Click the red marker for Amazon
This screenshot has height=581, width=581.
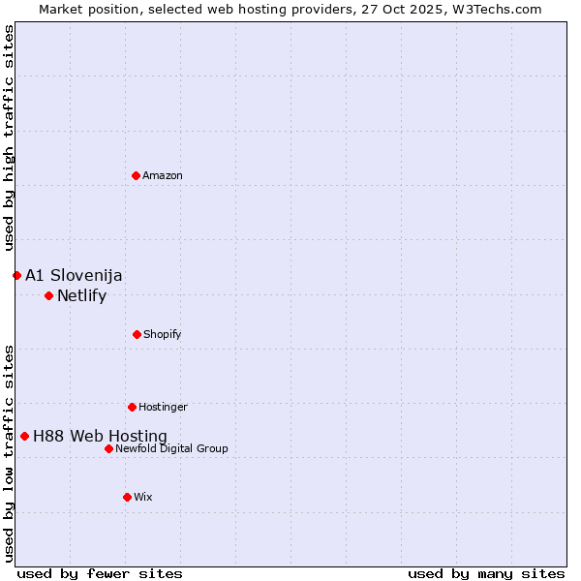coord(136,175)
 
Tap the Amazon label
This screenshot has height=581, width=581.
coord(163,175)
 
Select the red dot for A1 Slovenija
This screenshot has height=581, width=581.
coord(16,275)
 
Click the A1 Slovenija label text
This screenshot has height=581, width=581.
coord(74,275)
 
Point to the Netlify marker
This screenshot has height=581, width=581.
coord(48,295)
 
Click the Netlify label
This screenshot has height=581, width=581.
coord(81,296)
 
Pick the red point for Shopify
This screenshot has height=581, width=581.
coord(137,334)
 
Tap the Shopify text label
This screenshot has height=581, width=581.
coord(163,334)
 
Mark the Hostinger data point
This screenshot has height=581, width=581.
coord(132,407)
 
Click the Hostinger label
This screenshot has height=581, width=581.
coord(163,407)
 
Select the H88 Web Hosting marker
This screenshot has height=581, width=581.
coord(24,436)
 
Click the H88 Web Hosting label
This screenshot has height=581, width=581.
coord(100,437)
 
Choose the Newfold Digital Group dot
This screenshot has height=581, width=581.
coord(108,448)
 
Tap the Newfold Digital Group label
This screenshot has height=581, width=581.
coord(171,448)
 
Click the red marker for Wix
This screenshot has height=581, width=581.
coord(127,497)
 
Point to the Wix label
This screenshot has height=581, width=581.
coord(143,497)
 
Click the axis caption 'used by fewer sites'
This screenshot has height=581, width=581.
coord(100,573)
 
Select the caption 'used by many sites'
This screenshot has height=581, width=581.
coord(486,573)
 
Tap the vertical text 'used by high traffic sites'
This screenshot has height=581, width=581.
coord(9,138)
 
